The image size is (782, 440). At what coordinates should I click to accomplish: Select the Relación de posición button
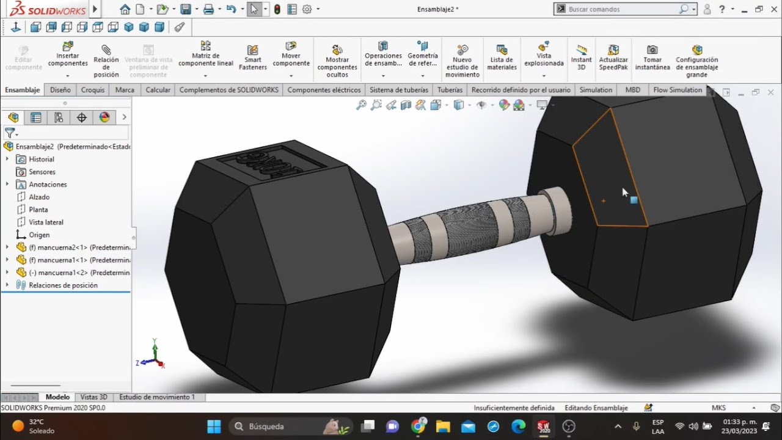coord(106,60)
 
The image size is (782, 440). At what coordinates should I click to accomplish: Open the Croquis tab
coord(93,90)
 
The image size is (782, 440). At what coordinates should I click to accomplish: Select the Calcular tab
coord(158,90)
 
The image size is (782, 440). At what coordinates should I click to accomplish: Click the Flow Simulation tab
coord(678,90)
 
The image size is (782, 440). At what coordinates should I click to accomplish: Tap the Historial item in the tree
coord(42,159)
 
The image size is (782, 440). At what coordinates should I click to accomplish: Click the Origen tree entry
coord(39,235)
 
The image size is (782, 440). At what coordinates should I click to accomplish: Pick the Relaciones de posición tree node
coord(63,285)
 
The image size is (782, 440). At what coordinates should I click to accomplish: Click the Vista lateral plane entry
coord(46,222)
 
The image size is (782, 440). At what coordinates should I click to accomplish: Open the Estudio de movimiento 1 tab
coord(157,397)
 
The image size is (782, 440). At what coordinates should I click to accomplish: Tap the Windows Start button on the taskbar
coord(214,426)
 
